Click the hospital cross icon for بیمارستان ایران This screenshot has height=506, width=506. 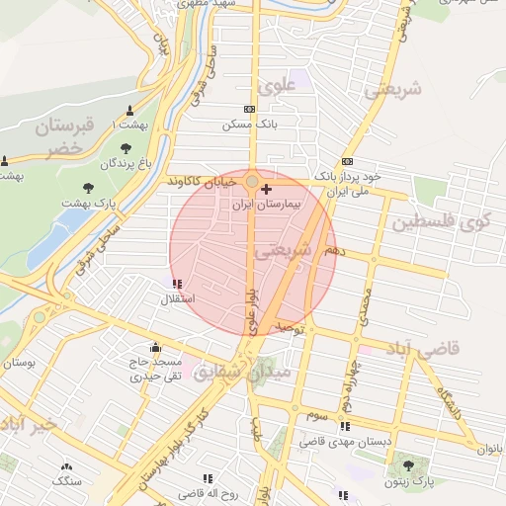tap(267, 188)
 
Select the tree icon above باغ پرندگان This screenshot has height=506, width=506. tap(125, 147)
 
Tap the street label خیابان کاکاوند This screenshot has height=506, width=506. tap(202, 182)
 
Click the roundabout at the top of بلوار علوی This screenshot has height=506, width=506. tap(253, 181)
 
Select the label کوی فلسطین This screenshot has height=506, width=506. tap(441, 222)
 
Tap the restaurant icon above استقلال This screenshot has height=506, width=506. tap(176, 285)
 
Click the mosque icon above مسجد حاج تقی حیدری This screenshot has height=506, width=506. tap(155, 347)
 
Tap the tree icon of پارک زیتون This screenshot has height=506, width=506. tap(406, 465)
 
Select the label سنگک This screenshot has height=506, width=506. tap(66, 481)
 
